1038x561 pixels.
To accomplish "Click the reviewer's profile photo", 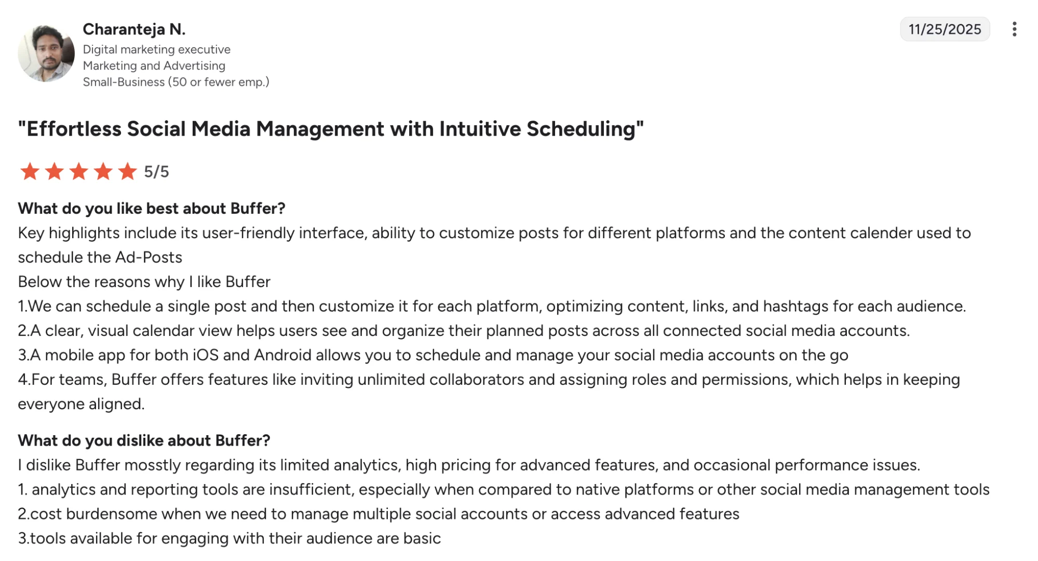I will [46, 54].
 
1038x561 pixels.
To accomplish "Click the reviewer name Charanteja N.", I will [134, 29].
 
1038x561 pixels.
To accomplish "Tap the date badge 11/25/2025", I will [945, 29].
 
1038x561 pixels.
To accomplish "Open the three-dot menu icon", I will [1014, 29].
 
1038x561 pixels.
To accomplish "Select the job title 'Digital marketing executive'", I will [156, 49].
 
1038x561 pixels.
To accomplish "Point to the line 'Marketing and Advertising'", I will [154, 66].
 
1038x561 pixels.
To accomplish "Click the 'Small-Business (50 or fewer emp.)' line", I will [176, 82].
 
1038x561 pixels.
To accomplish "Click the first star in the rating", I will [30, 172].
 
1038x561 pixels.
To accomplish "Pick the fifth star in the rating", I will [127, 172].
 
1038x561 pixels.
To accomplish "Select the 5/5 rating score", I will [156, 172].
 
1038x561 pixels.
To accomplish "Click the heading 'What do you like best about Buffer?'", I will [152, 208].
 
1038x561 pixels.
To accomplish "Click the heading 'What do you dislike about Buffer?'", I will [144, 441].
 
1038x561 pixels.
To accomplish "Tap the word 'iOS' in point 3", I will [206, 355].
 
